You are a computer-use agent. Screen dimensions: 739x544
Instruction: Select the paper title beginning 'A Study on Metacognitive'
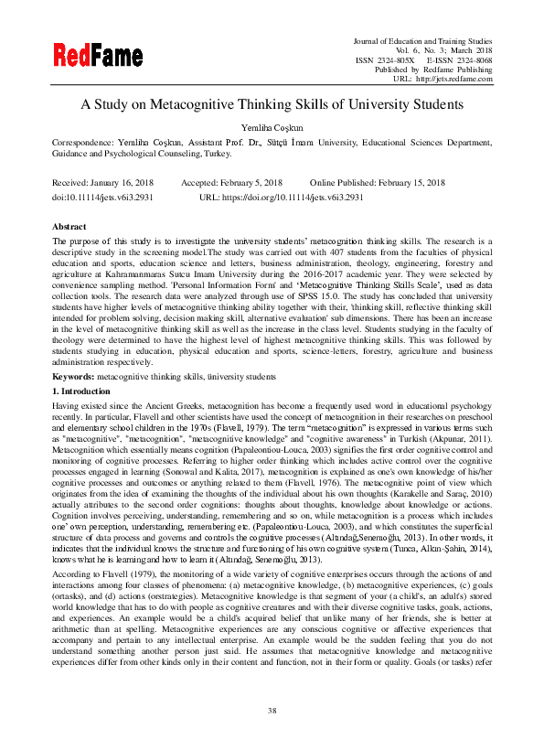(272, 104)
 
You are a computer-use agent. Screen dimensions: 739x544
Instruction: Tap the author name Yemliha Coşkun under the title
(272, 128)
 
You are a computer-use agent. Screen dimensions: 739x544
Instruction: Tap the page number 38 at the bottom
(272, 711)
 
